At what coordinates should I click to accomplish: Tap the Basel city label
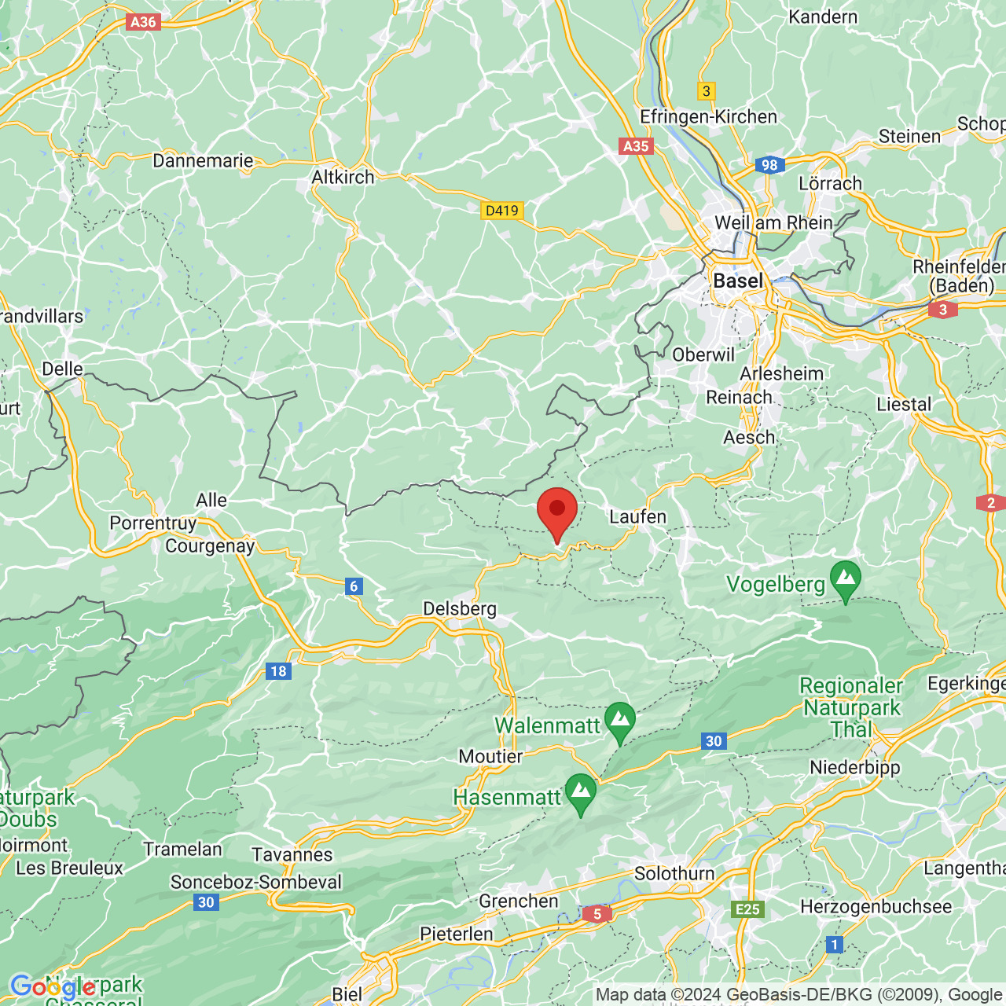click(x=737, y=281)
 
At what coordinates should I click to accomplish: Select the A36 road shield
click(x=143, y=22)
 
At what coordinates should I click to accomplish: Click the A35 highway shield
click(x=636, y=146)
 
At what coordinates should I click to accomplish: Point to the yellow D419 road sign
click(x=501, y=210)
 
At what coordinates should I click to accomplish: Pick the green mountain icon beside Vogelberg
click(x=846, y=579)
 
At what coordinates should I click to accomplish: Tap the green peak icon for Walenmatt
click(x=620, y=721)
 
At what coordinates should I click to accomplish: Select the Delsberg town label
click(x=460, y=608)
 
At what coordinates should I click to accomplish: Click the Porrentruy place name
click(x=152, y=523)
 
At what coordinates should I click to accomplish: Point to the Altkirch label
click(x=343, y=178)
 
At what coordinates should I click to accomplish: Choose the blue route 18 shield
click(x=278, y=670)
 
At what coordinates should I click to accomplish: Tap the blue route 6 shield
click(x=354, y=586)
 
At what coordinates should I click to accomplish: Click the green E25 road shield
click(x=747, y=909)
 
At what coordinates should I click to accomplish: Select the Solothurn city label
click(x=674, y=874)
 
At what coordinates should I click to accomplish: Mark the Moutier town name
click(x=490, y=756)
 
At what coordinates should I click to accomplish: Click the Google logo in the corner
click(x=53, y=986)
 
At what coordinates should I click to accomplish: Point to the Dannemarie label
click(x=203, y=161)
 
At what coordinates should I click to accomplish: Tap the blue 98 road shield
click(x=769, y=165)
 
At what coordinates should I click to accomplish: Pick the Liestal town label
click(x=904, y=405)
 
